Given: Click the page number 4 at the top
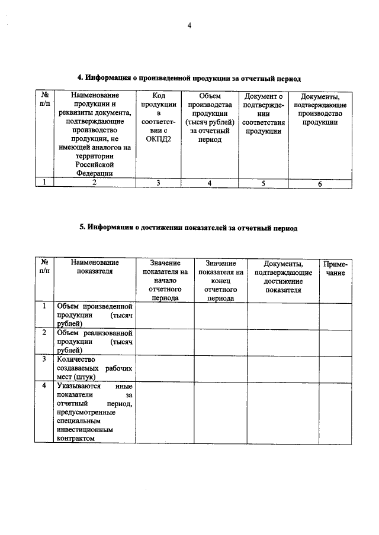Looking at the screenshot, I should (189, 25).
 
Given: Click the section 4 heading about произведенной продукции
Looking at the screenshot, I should (190, 78).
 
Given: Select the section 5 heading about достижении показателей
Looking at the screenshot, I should (188, 227).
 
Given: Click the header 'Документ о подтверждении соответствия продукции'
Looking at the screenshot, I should (264, 113).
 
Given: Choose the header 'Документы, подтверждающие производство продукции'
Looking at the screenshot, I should (320, 109).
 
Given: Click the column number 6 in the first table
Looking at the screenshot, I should (320, 184).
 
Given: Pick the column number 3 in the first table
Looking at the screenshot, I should (159, 183).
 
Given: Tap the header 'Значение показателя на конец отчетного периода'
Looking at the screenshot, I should (220, 281).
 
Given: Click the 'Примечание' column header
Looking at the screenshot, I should (335, 269).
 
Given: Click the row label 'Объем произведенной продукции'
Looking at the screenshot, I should (94, 315).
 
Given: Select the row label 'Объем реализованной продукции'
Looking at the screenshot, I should (94, 341).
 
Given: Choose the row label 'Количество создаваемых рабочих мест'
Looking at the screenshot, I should (94, 367).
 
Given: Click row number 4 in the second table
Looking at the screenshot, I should (44, 385).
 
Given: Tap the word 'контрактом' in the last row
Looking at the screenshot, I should (76, 439).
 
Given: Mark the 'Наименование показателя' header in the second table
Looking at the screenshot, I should (94, 267).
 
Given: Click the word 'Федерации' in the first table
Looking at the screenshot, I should (94, 173).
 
